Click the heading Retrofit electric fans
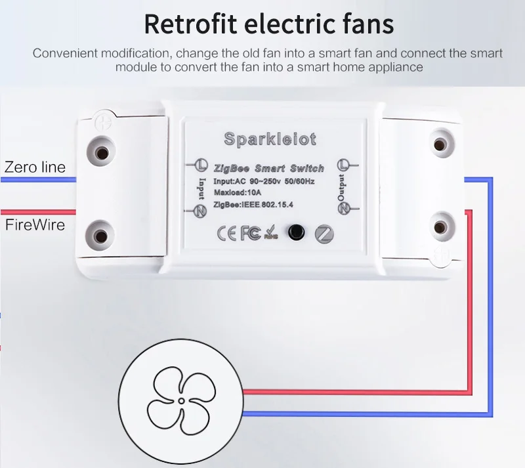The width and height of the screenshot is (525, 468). click(269, 24)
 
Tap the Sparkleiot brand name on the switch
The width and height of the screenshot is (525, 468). click(270, 139)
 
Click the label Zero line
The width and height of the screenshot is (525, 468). click(35, 167)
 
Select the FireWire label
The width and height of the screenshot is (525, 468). click(35, 225)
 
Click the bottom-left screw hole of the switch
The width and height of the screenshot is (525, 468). click(101, 234)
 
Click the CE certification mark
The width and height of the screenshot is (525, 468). click(227, 232)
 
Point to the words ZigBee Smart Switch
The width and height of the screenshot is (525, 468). click(268, 168)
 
